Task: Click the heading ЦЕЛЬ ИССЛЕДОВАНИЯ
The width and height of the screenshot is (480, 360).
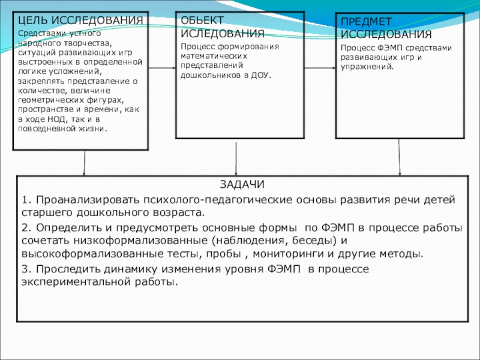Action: coord(79,20)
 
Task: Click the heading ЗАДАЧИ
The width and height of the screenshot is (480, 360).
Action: coord(238,185)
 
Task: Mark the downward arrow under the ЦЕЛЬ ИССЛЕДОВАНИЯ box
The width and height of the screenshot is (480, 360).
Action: coord(84,163)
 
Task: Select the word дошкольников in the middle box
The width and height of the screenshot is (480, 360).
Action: coord(208,76)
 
